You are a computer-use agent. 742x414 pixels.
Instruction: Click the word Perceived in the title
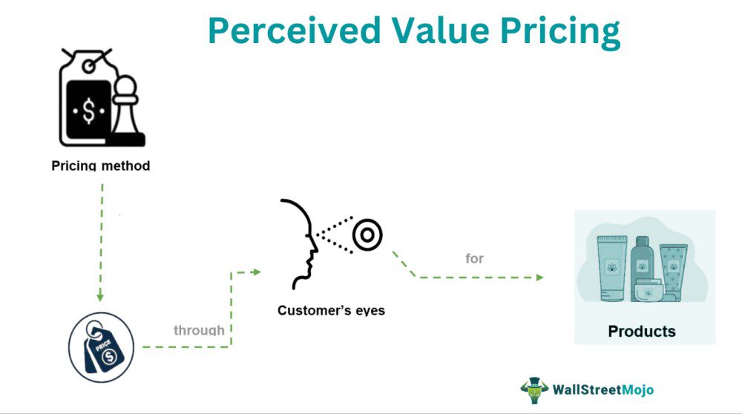[x=295, y=30]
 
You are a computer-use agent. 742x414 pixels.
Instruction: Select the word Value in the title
[x=440, y=30]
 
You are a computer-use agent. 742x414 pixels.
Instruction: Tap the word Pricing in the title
[x=560, y=32]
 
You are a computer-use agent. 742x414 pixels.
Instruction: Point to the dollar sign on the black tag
[x=89, y=111]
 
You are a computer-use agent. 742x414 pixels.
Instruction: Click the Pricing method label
[x=101, y=165]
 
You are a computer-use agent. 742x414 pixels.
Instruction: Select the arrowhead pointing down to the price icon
[x=100, y=297]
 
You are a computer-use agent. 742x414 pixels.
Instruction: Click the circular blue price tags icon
[x=101, y=346]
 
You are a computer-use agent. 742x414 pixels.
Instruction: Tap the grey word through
[x=199, y=329]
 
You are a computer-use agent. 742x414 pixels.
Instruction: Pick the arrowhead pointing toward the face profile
[x=257, y=272]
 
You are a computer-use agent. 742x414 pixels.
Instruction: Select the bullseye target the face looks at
[x=367, y=234]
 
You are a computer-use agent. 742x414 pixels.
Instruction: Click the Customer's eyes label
[x=331, y=310]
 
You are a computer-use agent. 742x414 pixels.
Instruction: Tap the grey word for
[x=475, y=258]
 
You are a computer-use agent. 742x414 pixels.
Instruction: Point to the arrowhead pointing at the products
[x=539, y=277]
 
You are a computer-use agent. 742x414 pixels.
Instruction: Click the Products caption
[x=642, y=331]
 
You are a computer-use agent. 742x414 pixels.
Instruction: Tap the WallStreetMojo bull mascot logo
[x=534, y=390]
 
